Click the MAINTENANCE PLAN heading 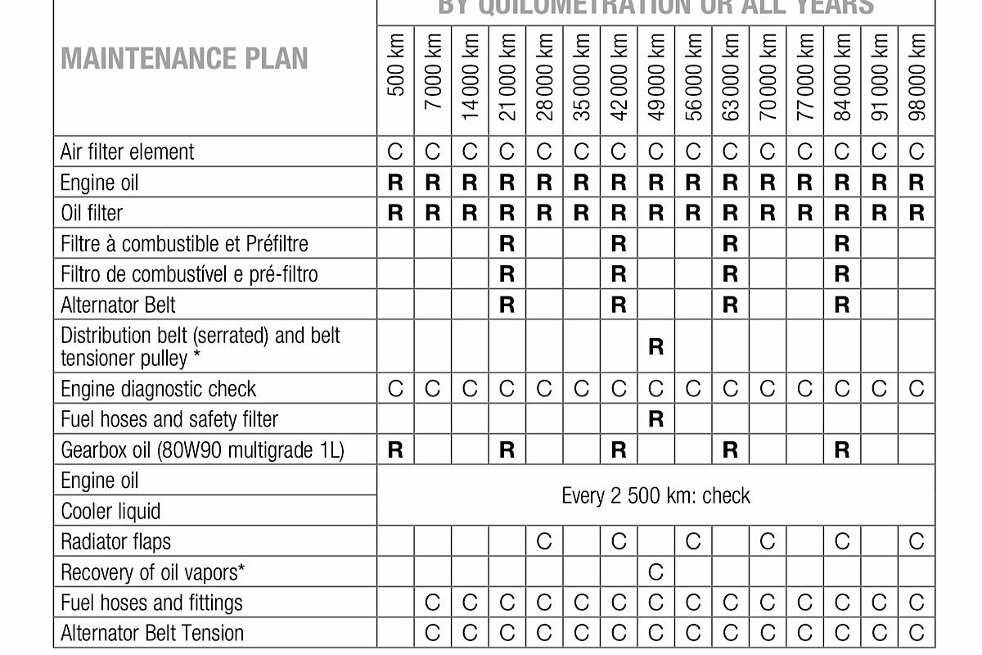[184, 59]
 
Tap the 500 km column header [395, 76]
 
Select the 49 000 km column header [655, 76]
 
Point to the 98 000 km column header [917, 76]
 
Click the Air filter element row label [128, 152]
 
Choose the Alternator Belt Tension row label [152, 633]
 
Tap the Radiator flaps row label [115, 541]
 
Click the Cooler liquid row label [110, 512]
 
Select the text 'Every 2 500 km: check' [655, 496]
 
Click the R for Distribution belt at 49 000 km [655, 347]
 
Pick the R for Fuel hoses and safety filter [655, 419]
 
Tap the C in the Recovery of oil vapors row [655, 572]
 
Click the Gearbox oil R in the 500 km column [395, 450]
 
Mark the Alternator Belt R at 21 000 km [507, 305]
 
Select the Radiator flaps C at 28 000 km [544, 541]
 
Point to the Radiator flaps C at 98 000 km [917, 541]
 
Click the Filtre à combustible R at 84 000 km [842, 244]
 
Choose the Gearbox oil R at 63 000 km [730, 450]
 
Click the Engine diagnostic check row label [158, 389]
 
